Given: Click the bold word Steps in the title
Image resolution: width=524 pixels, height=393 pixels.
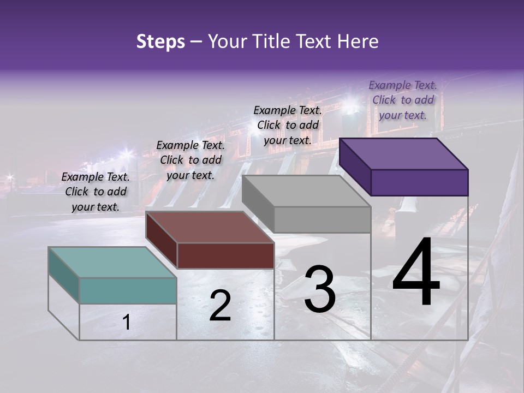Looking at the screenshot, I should (160, 41).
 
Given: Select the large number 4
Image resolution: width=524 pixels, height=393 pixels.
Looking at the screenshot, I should (416, 273).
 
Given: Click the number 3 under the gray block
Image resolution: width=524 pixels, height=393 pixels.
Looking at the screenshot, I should (320, 289).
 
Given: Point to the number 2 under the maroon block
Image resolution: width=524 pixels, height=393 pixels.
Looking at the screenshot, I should (220, 306).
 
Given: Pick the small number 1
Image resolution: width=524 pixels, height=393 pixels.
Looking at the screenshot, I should (126, 323).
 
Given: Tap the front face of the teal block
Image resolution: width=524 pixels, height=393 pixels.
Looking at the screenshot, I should (128, 290).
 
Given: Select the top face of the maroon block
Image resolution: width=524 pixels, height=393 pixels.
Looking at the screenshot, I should (210, 227).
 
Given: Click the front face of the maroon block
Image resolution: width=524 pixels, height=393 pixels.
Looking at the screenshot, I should (225, 255).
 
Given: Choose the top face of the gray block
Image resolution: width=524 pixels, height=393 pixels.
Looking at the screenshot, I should (306, 191).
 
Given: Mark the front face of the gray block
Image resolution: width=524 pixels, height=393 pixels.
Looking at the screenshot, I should (322, 219).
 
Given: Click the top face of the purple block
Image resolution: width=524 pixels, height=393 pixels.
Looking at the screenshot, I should (403, 153).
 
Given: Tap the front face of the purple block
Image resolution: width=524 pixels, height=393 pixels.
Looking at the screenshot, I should (419, 182).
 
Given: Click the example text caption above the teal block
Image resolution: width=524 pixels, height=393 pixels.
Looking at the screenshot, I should (96, 192).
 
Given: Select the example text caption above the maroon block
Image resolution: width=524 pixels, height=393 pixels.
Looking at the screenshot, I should (190, 160).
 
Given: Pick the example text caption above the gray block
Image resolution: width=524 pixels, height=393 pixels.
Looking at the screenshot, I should (288, 125).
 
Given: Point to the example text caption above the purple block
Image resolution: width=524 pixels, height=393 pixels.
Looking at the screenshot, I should (403, 100).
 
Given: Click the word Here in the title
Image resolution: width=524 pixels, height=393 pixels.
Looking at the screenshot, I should (358, 41).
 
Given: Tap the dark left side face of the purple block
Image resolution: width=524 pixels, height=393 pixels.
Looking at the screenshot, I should (355, 166).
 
